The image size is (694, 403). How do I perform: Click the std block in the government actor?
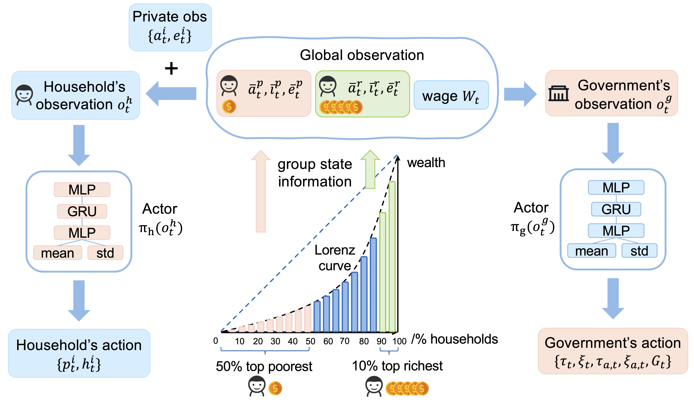639,251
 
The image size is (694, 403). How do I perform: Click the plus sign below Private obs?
171,68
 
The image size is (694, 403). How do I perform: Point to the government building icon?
558,94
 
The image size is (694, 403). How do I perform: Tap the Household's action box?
79,353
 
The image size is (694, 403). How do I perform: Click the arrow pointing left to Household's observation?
171,94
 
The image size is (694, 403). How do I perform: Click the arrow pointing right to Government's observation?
520,94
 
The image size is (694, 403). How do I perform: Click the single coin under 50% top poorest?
275,388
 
